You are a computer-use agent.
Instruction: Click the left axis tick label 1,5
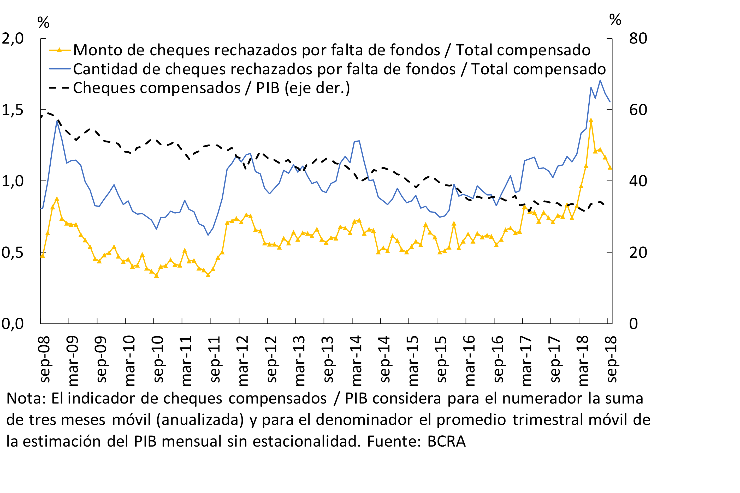(x=13, y=110)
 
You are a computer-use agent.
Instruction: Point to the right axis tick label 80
(x=638, y=39)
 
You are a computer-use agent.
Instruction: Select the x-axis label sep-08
(x=45, y=359)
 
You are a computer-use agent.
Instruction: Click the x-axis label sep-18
(x=612, y=359)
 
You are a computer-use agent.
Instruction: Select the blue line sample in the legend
(x=60, y=69)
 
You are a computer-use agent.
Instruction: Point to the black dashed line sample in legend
(x=60, y=88)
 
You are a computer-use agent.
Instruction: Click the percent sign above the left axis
(x=43, y=22)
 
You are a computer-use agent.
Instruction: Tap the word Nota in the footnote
(x=26, y=398)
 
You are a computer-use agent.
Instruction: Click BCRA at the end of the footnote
(x=446, y=441)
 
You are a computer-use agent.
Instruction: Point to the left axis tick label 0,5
(x=13, y=252)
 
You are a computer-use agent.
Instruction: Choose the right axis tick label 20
(x=638, y=252)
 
